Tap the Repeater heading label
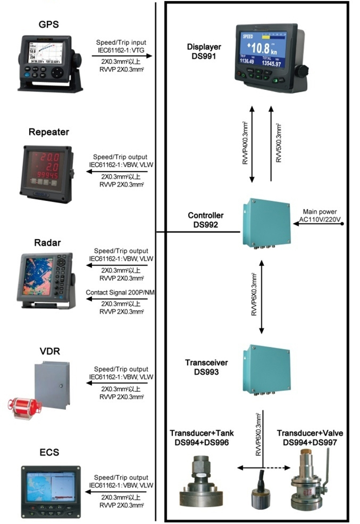pos(49,132)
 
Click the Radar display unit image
pos(49,280)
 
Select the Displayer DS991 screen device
pos(267,55)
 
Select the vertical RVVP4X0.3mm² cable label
pos(245,145)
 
